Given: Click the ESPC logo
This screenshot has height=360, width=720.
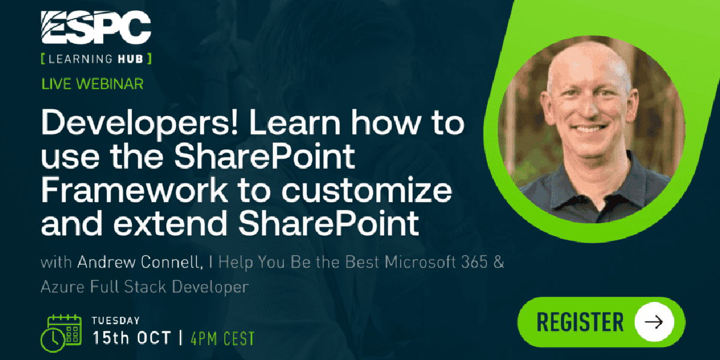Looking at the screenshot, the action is pyautogui.click(x=96, y=27).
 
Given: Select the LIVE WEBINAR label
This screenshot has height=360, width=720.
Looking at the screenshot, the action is pyautogui.click(x=92, y=84).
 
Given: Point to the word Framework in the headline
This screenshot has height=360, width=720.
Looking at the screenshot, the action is pyautogui.click(x=134, y=190).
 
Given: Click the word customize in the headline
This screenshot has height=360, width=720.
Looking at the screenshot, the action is pyautogui.click(x=367, y=190).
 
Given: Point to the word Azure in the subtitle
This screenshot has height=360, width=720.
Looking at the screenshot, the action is pyautogui.click(x=63, y=287).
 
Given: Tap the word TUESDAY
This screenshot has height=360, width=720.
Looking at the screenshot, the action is pyautogui.click(x=116, y=320).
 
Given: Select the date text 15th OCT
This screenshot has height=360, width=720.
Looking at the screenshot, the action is pyautogui.click(x=132, y=338).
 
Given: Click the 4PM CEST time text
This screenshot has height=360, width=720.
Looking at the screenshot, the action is pyautogui.click(x=223, y=338).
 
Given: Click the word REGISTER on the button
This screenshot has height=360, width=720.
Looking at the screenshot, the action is pyautogui.click(x=580, y=322).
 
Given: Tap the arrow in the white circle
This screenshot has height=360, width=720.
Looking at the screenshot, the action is pyautogui.click(x=654, y=322).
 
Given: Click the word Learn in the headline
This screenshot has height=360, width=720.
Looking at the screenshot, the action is pyautogui.click(x=295, y=123).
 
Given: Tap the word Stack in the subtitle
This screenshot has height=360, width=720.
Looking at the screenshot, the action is pyautogui.click(x=145, y=287).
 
